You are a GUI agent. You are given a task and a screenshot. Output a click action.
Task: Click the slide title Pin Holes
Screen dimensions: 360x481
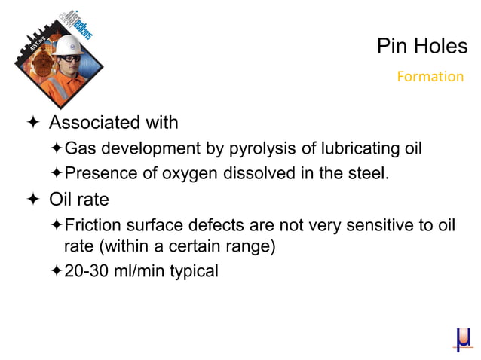[x=421, y=47]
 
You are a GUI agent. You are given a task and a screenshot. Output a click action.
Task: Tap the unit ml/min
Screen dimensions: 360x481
[x=138, y=270]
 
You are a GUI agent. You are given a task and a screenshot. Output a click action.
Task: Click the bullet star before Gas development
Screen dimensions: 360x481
[x=57, y=148]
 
